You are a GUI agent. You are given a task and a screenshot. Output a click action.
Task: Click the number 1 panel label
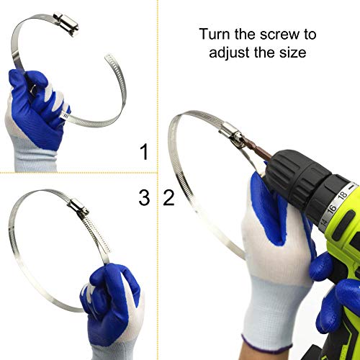tap(145, 152)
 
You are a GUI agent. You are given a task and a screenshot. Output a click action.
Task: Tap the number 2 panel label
tap(169, 197)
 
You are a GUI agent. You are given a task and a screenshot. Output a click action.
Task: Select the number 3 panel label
tap(144, 197)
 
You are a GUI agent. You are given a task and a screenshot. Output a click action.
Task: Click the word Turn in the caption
tap(215, 34)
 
